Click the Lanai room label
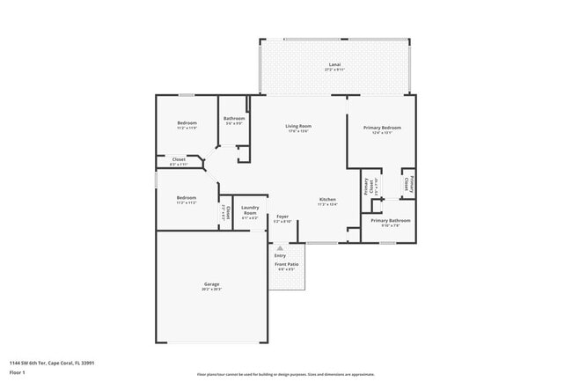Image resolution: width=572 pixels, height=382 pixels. (334, 63)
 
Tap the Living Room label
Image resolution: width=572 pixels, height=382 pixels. (298, 126)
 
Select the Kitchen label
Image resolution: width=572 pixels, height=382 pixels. (327, 200)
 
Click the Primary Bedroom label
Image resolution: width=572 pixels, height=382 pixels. (383, 128)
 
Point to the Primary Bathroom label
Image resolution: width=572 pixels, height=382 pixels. (390, 220)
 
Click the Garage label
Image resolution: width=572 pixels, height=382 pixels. (212, 283)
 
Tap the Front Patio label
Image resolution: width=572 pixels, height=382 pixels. (287, 264)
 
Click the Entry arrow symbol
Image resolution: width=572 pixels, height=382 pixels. (280, 249)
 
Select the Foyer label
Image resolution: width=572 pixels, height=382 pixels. (282, 216)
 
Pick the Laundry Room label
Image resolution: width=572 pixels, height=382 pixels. (250, 212)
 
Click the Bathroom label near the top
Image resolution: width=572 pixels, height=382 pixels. (233, 119)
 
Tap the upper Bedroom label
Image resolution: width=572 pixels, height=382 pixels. (187, 122)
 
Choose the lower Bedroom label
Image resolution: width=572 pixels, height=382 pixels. (186, 197)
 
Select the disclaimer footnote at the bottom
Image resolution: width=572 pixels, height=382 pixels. (286, 374)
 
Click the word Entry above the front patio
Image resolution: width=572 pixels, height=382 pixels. (280, 256)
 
